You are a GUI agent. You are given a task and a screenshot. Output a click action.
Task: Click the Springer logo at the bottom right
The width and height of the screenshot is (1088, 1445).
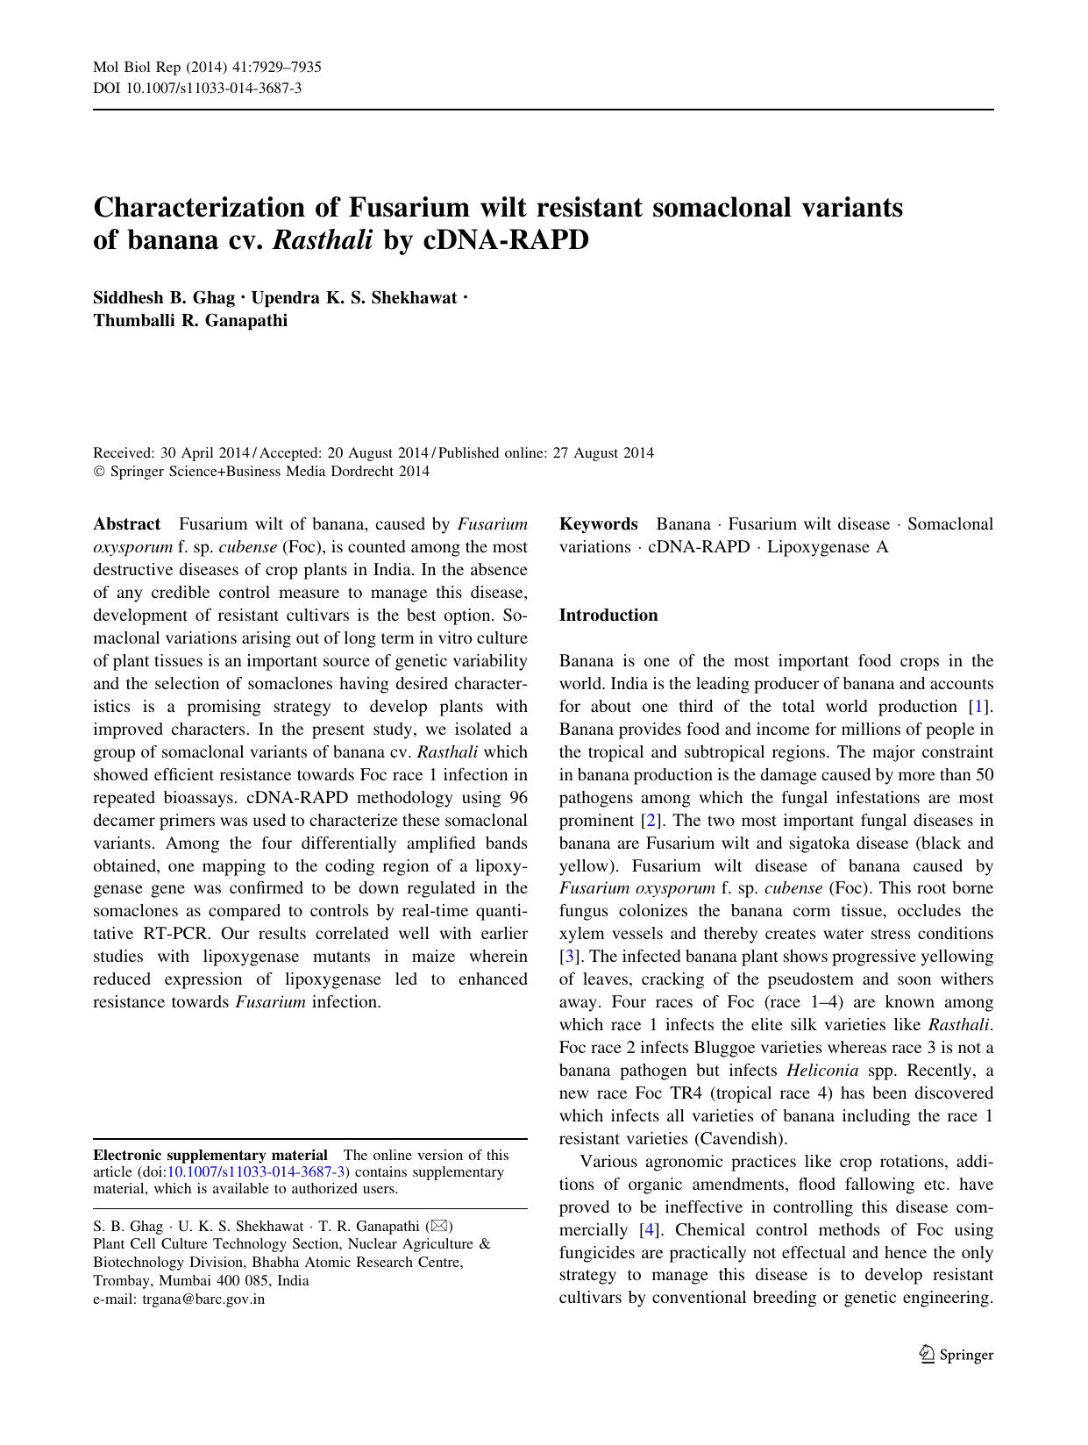(x=956, y=1355)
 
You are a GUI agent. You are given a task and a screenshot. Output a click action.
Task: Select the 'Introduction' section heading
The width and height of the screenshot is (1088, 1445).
(x=608, y=615)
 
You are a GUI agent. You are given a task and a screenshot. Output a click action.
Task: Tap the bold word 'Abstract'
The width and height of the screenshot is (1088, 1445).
(x=126, y=523)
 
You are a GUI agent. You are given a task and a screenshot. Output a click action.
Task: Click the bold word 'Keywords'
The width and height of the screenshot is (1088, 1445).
(x=598, y=523)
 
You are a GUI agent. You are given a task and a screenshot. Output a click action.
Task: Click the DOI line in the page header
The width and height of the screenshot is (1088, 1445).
(x=197, y=88)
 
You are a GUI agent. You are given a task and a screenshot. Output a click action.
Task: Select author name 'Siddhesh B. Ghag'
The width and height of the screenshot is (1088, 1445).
(x=164, y=297)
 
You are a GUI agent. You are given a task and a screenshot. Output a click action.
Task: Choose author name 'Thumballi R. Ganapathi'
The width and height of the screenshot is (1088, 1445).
(x=190, y=320)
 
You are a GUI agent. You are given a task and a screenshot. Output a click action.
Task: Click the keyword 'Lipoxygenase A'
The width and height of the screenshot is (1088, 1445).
(x=828, y=546)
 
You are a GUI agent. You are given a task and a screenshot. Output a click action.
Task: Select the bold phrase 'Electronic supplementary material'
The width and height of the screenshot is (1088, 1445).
(x=210, y=1155)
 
